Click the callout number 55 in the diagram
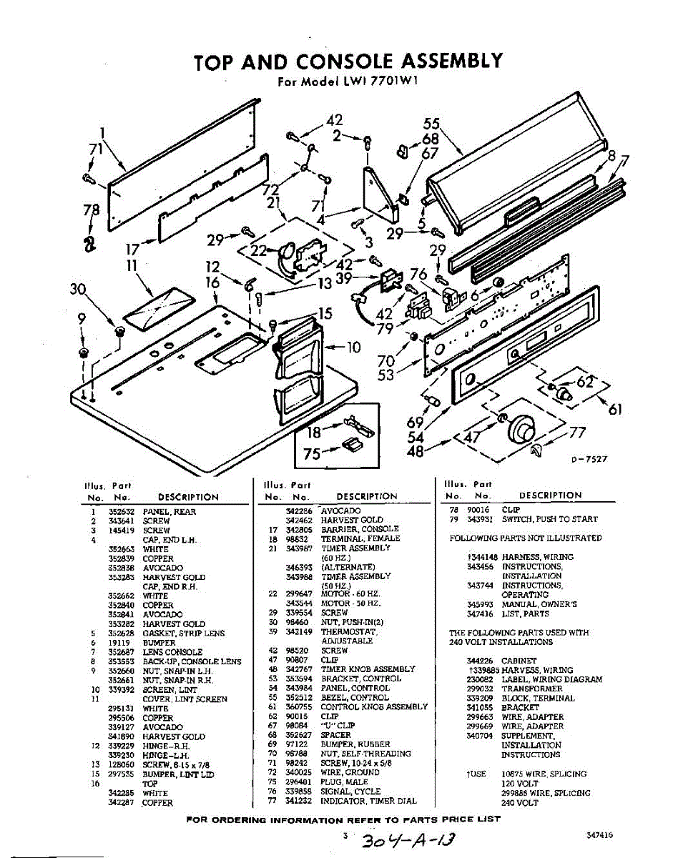click(431, 124)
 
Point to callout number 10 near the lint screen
click(353, 348)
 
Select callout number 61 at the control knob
click(615, 408)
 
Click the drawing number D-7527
click(589, 460)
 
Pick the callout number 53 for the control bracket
click(386, 374)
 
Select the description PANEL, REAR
click(169, 512)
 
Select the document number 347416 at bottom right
click(598, 834)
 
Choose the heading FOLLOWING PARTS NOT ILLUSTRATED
click(525, 538)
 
